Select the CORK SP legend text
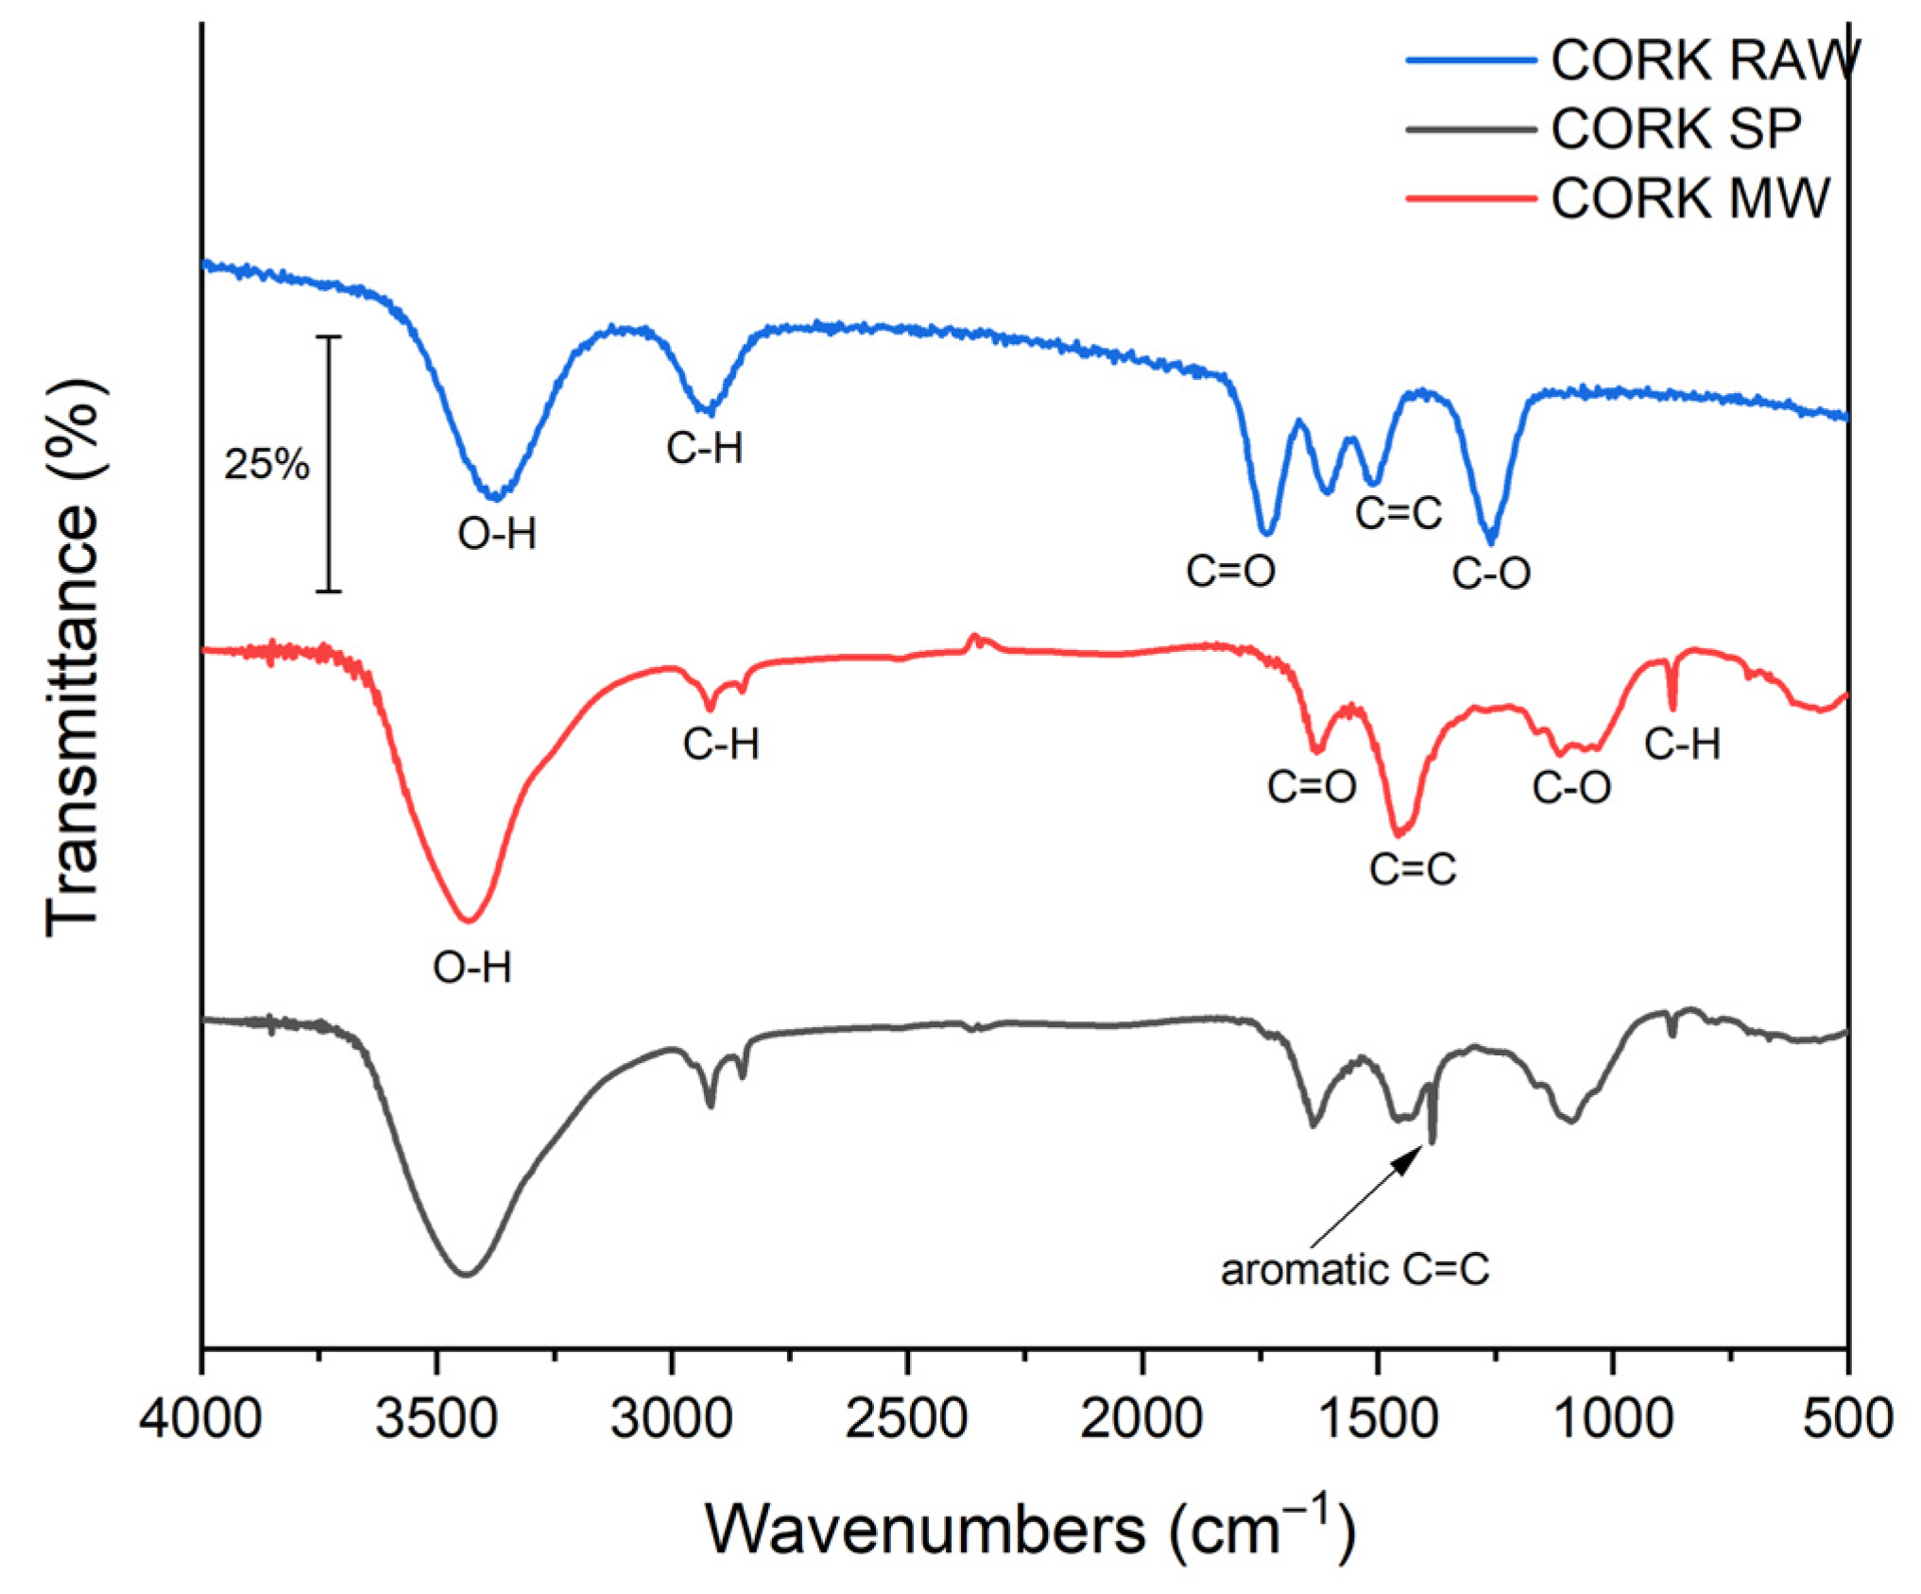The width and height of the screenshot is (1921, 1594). click(x=1675, y=129)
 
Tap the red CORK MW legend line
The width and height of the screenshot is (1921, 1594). click(x=1470, y=198)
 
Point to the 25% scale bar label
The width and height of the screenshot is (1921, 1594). click(x=266, y=464)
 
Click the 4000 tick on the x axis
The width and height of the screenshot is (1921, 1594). click(x=200, y=1419)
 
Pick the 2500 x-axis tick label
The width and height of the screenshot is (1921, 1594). click(x=906, y=1419)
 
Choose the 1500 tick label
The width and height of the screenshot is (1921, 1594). click(x=1378, y=1419)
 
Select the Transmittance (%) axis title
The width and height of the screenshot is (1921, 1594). click(x=74, y=658)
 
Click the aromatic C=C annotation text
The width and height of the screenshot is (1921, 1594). click(x=1354, y=1270)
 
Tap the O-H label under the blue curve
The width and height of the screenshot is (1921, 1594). click(x=497, y=535)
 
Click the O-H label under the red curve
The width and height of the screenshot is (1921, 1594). click(x=472, y=968)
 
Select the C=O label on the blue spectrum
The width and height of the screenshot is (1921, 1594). click(x=1230, y=572)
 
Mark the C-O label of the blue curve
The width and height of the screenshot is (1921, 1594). click(x=1490, y=574)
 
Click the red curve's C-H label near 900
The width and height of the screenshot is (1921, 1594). click(x=1682, y=746)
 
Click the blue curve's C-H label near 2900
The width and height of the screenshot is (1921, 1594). click(x=704, y=448)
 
